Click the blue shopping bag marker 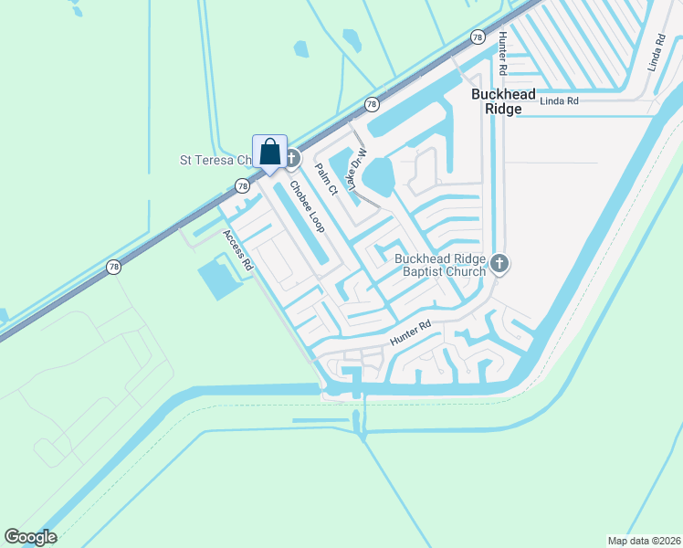point(269,153)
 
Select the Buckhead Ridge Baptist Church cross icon point(499,265)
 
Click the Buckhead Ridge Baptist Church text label point(442,265)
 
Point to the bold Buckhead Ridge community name point(497,101)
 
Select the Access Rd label point(236,249)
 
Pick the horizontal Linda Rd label point(560,101)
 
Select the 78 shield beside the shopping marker point(242,185)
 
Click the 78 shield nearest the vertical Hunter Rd point(477,37)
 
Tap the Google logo point(30,537)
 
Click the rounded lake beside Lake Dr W point(380,175)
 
